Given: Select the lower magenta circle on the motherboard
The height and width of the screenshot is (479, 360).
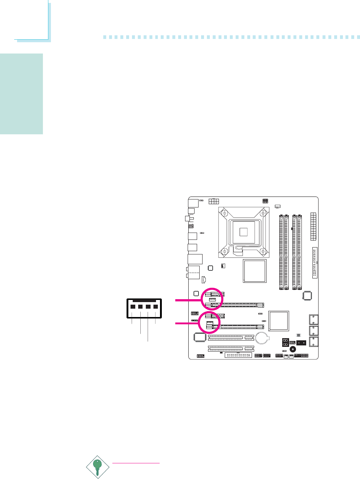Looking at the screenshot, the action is [209, 322].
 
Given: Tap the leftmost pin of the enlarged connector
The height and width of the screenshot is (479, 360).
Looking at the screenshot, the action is [132, 307].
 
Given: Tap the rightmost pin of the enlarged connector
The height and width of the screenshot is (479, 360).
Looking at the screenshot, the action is [156, 307].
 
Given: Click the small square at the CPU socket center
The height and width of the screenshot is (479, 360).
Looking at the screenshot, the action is [244, 231].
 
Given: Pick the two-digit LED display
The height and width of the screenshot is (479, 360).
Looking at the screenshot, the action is [285, 343].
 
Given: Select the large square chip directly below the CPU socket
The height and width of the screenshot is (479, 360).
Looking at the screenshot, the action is [255, 271].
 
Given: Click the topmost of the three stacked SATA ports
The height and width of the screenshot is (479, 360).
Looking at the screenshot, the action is [313, 320].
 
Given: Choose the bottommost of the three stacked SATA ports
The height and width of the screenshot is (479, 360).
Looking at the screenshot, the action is [313, 342].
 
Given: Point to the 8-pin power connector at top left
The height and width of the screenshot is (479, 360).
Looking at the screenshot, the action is [213, 202].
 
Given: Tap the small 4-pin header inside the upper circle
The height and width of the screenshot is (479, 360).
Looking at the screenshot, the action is [213, 300].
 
